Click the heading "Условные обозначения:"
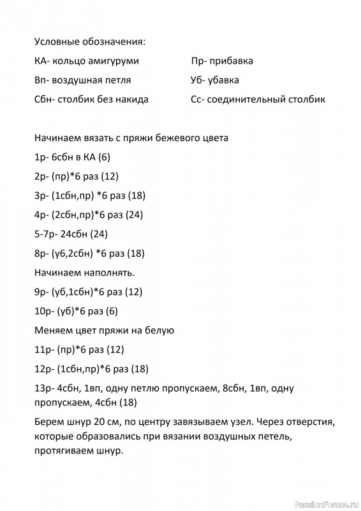[x=90, y=42]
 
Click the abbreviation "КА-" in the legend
[x=43, y=61]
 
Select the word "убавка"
[x=224, y=80]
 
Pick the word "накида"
[x=133, y=100]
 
